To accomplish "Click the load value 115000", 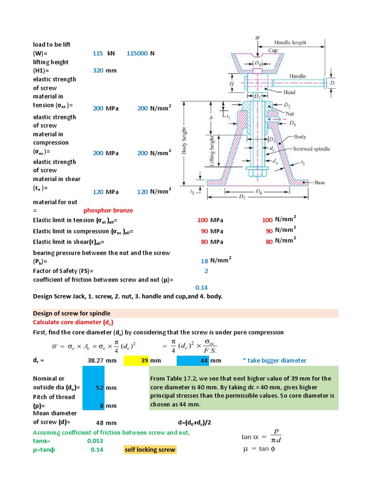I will tap(137, 53).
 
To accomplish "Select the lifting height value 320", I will tap(98, 71).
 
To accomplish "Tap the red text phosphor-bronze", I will tap(108, 210).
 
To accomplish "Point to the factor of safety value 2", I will tap(206, 271).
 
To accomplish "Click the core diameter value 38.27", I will tap(97, 361).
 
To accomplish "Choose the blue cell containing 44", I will tap(199, 361).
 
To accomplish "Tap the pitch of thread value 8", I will tap(102, 406).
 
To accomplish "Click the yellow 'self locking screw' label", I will tap(150, 450).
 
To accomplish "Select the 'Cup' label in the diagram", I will tap(273, 50).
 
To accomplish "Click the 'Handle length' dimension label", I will tap(290, 42).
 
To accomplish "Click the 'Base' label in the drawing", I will tap(319, 182).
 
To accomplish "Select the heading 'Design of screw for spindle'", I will tap(71, 314).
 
